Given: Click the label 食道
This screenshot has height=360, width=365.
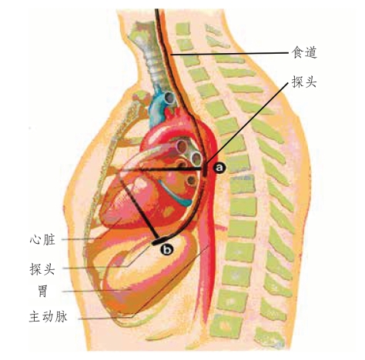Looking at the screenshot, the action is point(304,52).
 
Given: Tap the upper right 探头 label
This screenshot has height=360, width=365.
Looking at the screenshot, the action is point(304,82).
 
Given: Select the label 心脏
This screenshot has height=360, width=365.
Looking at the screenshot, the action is point(42,240).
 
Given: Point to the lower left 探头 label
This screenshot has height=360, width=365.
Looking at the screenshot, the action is point(42,269).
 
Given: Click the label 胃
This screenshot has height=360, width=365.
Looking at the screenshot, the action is point(42,292).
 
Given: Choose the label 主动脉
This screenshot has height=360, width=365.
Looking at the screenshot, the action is point(49,317).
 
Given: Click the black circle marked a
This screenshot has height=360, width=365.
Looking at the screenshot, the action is point(219,168).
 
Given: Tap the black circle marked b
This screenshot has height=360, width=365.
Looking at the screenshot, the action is point(167,249).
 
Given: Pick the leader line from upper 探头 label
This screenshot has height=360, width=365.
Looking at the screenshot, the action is point(247,124).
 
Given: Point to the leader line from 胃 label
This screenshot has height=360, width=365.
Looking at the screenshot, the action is point(97,291).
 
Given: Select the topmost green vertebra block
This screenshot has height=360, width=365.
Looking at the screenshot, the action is point(183,29).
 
